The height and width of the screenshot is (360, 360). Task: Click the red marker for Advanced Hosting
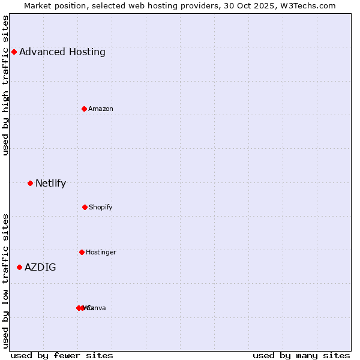(14, 52)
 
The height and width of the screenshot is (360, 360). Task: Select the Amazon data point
(84, 109)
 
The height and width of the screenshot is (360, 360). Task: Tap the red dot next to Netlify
(30, 183)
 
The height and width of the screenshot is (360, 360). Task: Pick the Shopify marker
(85, 207)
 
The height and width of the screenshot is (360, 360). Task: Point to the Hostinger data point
(82, 252)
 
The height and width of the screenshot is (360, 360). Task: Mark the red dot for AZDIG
(19, 267)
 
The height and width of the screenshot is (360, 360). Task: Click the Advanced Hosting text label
(62, 52)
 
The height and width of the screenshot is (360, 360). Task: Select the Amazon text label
(101, 109)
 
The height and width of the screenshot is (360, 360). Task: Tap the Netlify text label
(50, 183)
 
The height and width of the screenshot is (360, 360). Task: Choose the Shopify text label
(101, 207)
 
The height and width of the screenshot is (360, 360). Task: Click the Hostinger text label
(101, 252)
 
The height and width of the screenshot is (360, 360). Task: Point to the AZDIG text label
(40, 267)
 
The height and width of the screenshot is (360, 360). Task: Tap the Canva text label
(96, 308)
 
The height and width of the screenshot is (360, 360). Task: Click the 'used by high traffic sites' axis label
(5, 85)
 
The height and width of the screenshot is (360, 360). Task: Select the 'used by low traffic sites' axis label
(5, 281)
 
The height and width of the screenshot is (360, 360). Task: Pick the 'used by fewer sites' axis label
(62, 355)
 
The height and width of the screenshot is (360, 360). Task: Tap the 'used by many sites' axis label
(301, 355)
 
